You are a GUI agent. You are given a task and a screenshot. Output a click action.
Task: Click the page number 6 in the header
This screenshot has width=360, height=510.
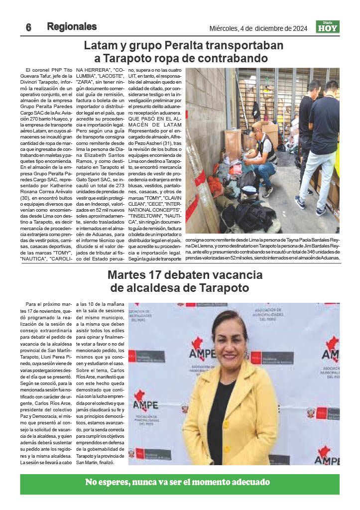(x=29, y=27)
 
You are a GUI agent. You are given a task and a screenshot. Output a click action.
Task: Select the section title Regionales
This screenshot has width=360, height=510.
(x=72, y=27)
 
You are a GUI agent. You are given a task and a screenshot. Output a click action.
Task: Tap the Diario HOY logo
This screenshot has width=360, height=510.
(x=328, y=27)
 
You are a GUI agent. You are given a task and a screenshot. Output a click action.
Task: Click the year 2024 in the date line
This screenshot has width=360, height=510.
(x=297, y=28)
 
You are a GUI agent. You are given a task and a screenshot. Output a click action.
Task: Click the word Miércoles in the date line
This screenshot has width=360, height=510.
(x=225, y=28)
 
